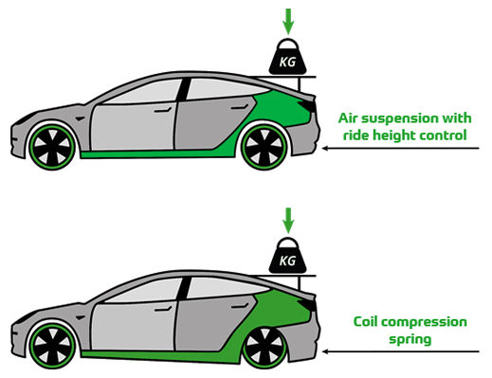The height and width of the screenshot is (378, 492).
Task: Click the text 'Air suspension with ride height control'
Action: coord(403,126)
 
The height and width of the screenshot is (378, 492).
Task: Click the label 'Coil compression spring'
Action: coord(409,330)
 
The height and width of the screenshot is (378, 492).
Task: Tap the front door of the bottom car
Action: coord(133,314)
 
